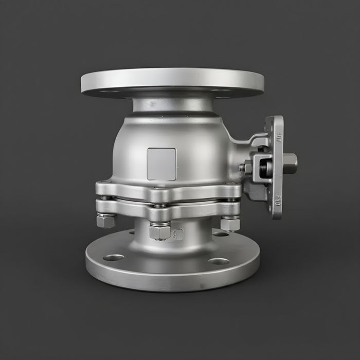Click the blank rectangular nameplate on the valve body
click(x=161, y=164)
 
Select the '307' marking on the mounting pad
click(x=279, y=137)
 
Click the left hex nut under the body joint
click(x=105, y=221)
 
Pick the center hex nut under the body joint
click(x=159, y=231)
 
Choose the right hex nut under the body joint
click(x=229, y=224)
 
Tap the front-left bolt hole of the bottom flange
click(x=114, y=257)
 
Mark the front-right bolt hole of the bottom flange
click(x=219, y=261)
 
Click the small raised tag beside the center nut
click(x=176, y=234)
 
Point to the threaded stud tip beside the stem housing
click(x=241, y=168)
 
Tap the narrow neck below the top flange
click(x=173, y=105)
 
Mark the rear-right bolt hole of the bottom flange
click(x=221, y=234)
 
